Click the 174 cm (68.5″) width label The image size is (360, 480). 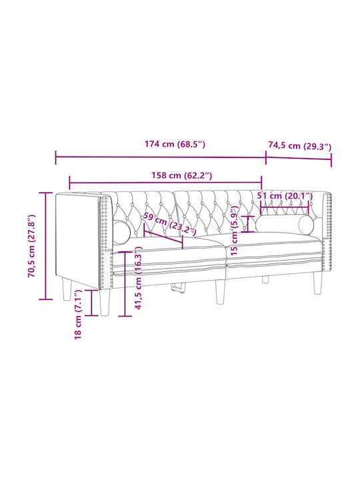175,144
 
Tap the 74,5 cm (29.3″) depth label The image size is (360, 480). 300,146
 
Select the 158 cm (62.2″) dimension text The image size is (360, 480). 182,175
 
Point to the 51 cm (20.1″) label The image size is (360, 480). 285,196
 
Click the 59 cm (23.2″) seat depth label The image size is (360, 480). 169,225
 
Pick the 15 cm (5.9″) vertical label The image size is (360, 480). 235,231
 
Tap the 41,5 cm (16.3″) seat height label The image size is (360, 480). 139,278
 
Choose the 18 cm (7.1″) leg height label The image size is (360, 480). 78,315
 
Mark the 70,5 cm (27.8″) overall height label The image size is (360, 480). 32,246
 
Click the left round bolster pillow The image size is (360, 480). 122,233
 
